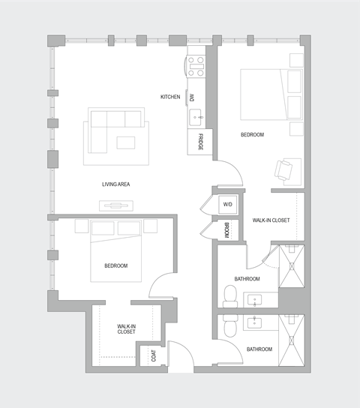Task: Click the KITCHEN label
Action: [170, 97]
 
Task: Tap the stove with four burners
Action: [196, 66]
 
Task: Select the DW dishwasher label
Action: [193, 97]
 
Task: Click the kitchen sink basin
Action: [196, 116]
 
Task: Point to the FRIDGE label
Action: [200, 141]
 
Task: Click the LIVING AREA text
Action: [117, 184]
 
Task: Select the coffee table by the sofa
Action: [125, 142]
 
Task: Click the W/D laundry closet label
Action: [227, 204]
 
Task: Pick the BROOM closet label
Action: [227, 230]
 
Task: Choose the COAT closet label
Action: [154, 355]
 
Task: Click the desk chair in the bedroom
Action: [283, 171]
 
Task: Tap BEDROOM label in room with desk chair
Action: [252, 134]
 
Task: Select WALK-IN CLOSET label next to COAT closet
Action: [126, 331]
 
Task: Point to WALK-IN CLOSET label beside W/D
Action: [271, 220]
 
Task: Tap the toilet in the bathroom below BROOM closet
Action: [231, 294]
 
